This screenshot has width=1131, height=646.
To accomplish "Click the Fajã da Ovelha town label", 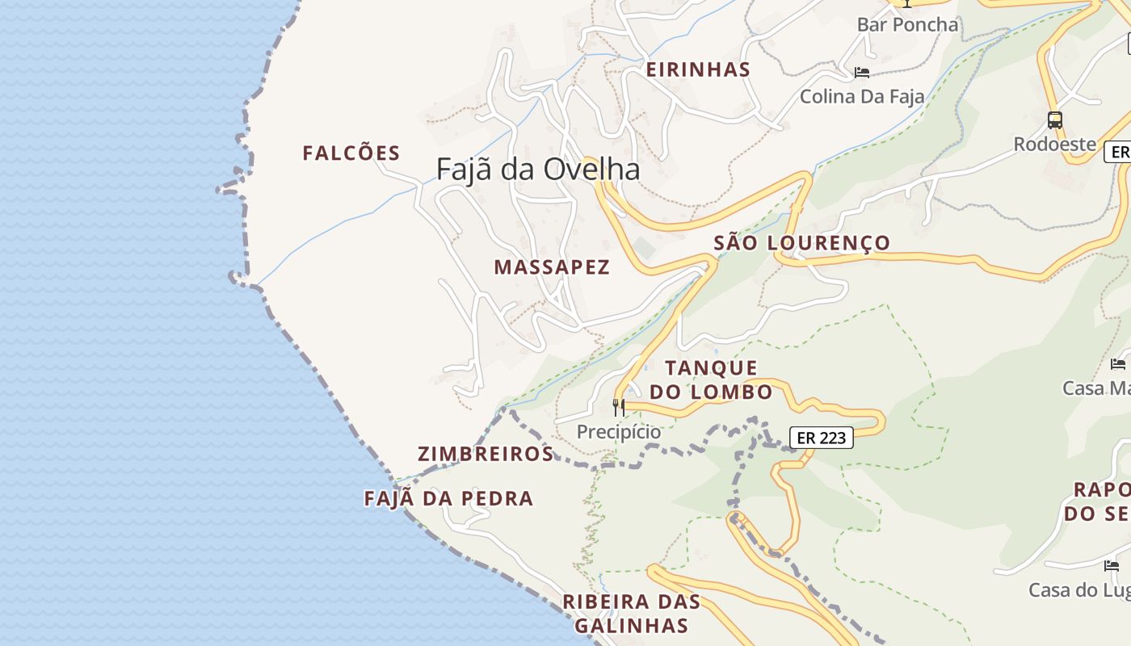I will pyautogui.click(x=538, y=169).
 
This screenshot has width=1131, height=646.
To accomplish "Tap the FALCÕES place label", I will pyautogui.click(x=351, y=153).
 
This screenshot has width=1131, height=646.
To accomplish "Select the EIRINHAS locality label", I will pyautogui.click(x=698, y=69).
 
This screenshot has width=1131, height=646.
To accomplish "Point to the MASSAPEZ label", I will pyautogui.click(x=552, y=267).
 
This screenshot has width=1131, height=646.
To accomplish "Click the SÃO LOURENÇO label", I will pyautogui.click(x=801, y=242).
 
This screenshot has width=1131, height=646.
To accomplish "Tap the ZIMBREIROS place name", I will pyautogui.click(x=486, y=454).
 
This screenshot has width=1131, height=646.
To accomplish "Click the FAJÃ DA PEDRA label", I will pyautogui.click(x=448, y=498).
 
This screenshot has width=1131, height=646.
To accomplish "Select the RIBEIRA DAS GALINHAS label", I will pyautogui.click(x=631, y=613).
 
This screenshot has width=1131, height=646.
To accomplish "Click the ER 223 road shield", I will pyautogui.click(x=821, y=438).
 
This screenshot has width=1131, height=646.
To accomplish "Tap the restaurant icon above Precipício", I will pyautogui.click(x=619, y=407).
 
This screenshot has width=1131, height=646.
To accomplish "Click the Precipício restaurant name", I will pyautogui.click(x=619, y=432).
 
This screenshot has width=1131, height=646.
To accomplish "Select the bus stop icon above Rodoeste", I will pyautogui.click(x=1054, y=120).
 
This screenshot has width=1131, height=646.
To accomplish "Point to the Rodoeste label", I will pyautogui.click(x=1054, y=145).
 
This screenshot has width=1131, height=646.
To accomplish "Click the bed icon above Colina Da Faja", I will pyautogui.click(x=862, y=73).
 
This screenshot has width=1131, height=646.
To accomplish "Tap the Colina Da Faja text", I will pyautogui.click(x=862, y=97).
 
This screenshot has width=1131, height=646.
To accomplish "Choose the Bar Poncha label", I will pyautogui.click(x=907, y=25).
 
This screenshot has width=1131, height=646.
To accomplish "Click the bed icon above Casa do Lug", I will pyautogui.click(x=1112, y=565).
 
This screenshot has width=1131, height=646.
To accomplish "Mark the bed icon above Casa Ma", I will pyautogui.click(x=1118, y=364).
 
